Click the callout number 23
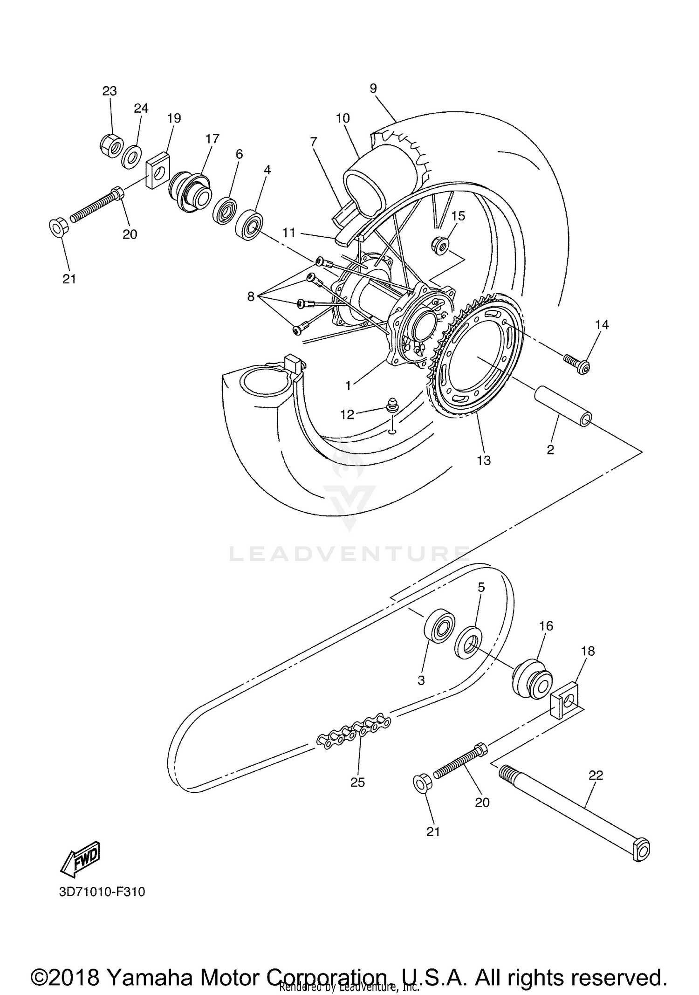click(x=110, y=91)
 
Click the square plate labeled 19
click(x=157, y=171)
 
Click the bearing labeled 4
click(x=249, y=226)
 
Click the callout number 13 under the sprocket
click(x=484, y=460)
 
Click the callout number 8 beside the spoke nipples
click(x=251, y=296)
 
